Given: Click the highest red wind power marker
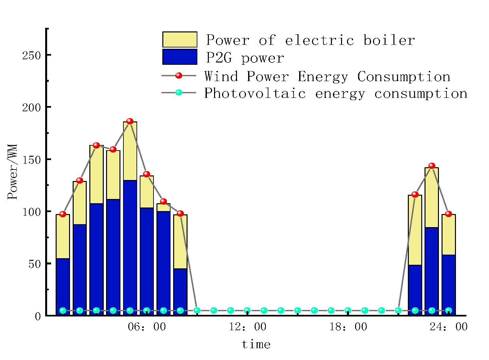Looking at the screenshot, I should [130, 121].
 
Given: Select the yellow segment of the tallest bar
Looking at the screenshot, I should [130, 151].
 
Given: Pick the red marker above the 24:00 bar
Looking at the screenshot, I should [448, 214].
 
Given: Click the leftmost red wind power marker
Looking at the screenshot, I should [63, 214].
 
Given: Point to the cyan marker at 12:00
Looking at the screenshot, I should [247, 310].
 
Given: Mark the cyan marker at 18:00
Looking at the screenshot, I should [348, 310].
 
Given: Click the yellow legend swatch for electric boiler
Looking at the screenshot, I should [180, 40].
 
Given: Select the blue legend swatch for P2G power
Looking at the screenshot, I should [180, 57].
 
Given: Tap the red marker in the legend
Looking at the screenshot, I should [179, 76].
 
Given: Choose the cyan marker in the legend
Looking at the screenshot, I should [179, 93].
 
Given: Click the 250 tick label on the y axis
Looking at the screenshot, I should [31, 55].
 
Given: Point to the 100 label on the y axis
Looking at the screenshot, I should [31, 212].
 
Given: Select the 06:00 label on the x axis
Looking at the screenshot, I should [147, 327].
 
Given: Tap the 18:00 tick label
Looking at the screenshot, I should [348, 327].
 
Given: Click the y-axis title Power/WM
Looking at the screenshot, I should [12, 172].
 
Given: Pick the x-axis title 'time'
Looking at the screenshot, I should [256, 344].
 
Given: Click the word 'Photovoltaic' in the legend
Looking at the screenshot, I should [255, 93].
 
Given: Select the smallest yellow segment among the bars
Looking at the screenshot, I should [163, 207].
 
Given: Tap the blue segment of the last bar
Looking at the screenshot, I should [448, 285].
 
